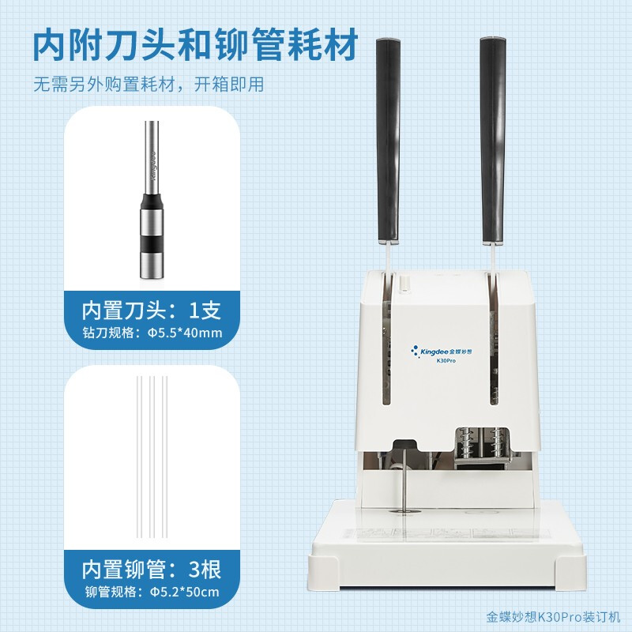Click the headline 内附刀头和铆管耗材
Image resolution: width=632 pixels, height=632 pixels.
[x=195, y=44]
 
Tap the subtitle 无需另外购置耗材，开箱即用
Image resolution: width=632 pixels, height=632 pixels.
[x=149, y=85]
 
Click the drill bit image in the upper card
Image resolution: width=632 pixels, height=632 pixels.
[x=152, y=200]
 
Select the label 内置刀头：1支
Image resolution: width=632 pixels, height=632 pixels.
[x=152, y=310]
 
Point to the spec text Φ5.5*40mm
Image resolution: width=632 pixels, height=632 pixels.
[x=185, y=333]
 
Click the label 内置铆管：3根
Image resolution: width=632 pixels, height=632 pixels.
[x=152, y=569]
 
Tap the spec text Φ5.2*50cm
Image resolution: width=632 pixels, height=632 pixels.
[x=185, y=592]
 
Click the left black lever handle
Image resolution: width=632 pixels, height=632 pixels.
[x=388, y=141]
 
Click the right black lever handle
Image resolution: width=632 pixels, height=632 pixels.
[x=493, y=141]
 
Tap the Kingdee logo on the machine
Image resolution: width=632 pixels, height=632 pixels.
[x=441, y=352]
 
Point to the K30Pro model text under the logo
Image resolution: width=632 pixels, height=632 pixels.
[x=446, y=361]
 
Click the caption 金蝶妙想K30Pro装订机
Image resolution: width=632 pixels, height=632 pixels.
[x=553, y=617]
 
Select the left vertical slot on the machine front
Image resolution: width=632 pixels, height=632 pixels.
[x=386, y=339]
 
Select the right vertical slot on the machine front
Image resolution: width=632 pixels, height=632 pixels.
[x=493, y=339]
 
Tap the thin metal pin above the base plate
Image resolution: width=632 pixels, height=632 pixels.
[x=404, y=480]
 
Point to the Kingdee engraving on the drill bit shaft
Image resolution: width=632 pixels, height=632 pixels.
[x=153, y=165]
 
